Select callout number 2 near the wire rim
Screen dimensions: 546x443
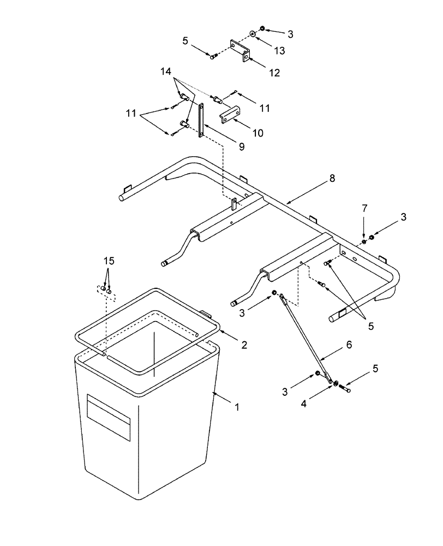pos(244,345)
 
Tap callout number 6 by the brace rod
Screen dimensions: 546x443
pos(350,345)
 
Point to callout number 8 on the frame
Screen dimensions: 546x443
pos(332,179)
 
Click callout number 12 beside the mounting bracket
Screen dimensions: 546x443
pos(274,73)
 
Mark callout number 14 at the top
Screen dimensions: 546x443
pos(165,72)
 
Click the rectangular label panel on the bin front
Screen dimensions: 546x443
pos(109,418)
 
